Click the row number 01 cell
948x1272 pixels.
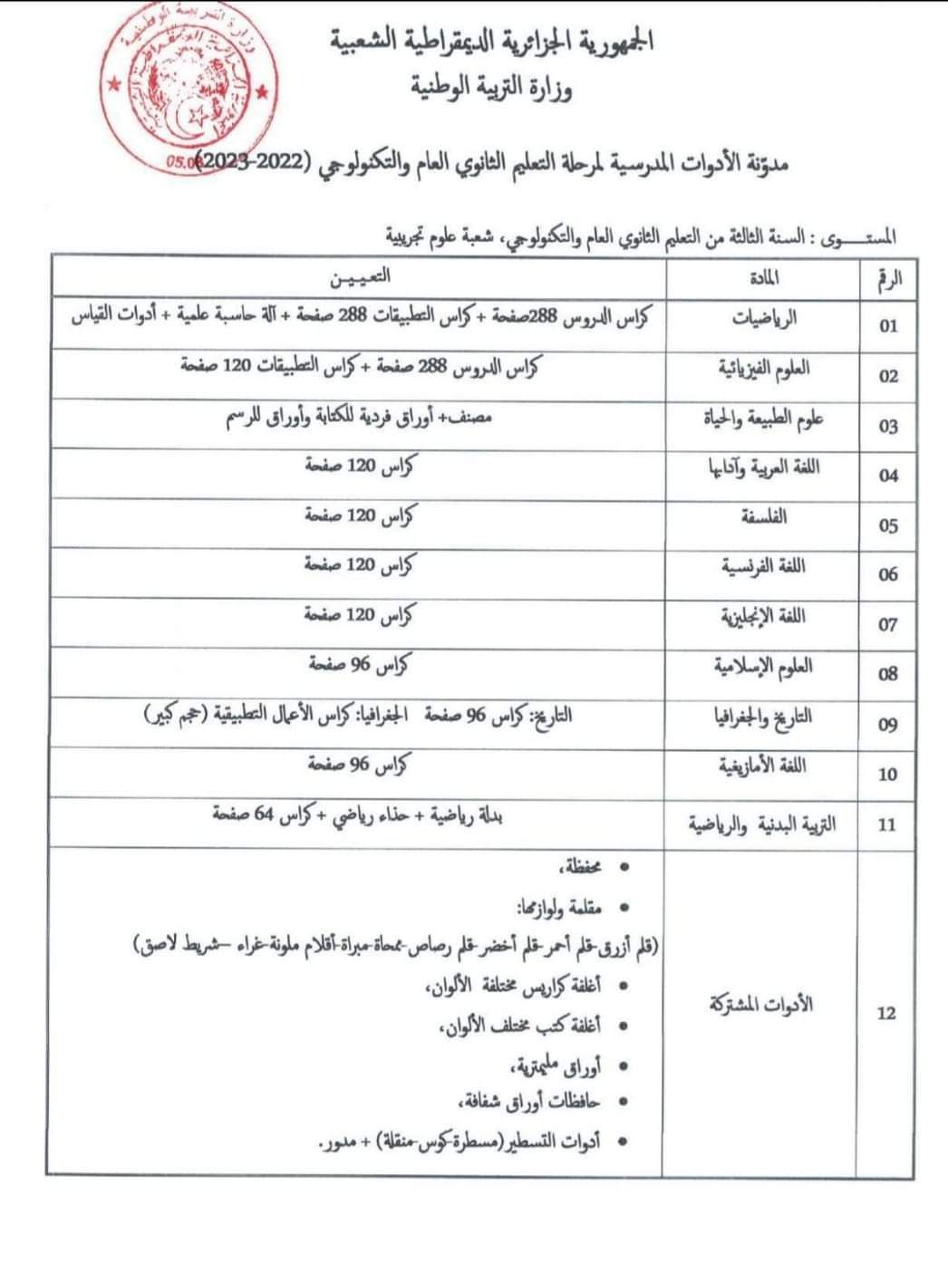[888, 326]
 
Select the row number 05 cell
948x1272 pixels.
[888, 526]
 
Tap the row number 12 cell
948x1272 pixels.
[886, 1014]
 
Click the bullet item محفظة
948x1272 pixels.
[584, 868]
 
